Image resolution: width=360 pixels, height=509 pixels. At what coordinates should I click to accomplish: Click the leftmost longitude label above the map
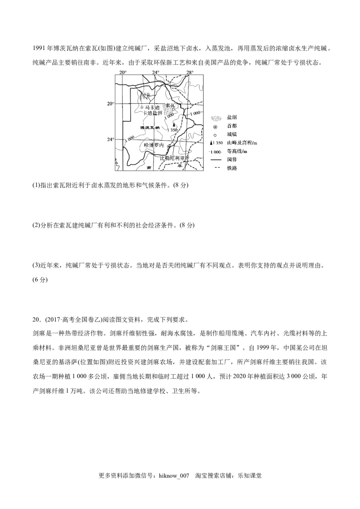(x=124, y=71)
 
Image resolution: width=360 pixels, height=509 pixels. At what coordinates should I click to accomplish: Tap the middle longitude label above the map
(x=156, y=71)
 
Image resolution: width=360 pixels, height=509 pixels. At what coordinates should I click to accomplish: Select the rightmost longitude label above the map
(x=189, y=71)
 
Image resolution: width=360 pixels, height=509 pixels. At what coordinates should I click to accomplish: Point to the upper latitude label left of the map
(x=110, y=104)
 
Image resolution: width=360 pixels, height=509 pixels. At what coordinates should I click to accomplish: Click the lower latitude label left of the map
(x=110, y=140)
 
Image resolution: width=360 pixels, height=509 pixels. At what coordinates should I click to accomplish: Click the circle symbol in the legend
(x=216, y=127)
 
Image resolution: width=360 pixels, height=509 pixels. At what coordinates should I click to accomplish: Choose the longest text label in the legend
(x=243, y=144)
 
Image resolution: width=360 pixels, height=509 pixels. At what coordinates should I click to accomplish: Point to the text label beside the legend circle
(x=232, y=127)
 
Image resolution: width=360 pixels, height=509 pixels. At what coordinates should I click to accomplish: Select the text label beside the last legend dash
(x=232, y=169)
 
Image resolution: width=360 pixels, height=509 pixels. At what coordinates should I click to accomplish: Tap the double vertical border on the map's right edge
(x=204, y=121)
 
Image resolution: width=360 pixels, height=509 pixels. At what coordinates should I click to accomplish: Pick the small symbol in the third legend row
(x=216, y=134)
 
